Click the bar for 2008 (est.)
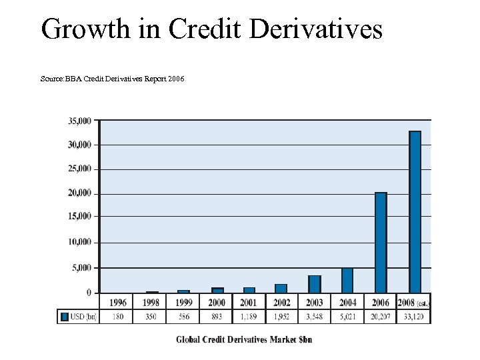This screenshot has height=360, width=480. [415, 211]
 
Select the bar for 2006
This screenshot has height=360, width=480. [381, 242]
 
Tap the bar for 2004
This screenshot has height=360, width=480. [347, 281]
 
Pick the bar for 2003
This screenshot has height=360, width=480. [315, 284]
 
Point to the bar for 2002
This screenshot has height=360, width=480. [281, 288]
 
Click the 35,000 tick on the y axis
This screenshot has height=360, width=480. [79, 121]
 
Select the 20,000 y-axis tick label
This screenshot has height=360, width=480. [79, 193]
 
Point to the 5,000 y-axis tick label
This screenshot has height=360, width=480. [81, 268]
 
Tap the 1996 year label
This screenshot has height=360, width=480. [117, 303]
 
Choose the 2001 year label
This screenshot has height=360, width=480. [249, 303]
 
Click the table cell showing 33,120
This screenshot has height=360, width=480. [414, 317]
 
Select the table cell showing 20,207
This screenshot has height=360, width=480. [381, 317]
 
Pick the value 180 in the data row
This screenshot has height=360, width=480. [117, 317]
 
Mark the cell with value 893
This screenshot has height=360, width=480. [216, 317]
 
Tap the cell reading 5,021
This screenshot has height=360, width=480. [347, 317]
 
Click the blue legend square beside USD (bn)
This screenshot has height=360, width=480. [65, 317]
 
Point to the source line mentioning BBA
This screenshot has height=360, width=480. [112, 79]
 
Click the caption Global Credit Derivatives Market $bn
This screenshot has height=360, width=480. [244, 339]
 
